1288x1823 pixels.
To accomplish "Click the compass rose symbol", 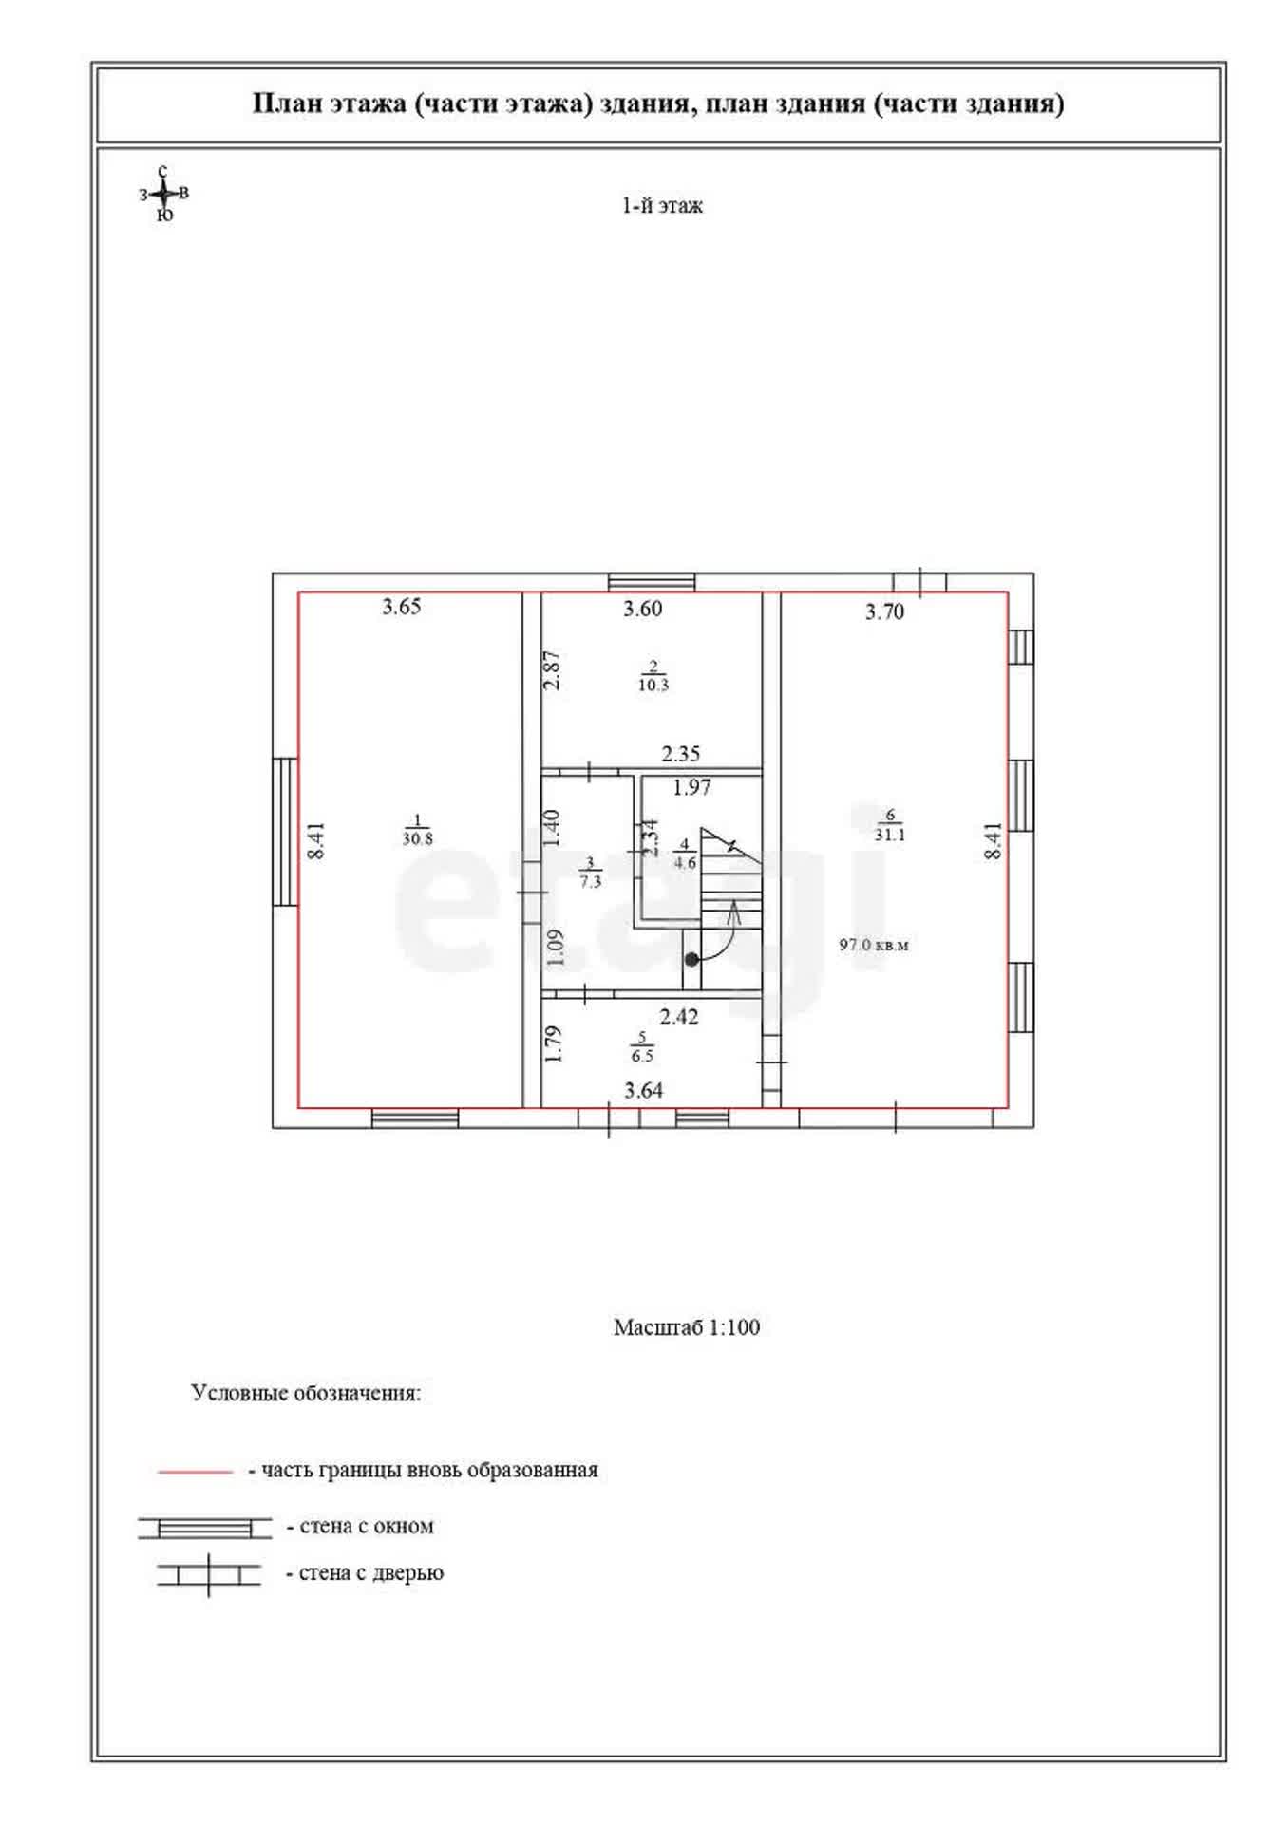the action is [x=164, y=194].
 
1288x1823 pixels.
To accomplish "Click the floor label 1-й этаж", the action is [x=662, y=206].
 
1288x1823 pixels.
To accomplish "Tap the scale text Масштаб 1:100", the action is [x=687, y=1327].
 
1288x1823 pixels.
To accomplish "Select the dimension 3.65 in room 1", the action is [x=402, y=607].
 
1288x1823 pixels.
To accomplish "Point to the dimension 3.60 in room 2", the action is [x=643, y=609].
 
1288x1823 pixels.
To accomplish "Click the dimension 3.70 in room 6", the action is [x=884, y=612].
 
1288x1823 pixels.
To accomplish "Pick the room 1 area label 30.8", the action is [x=417, y=839].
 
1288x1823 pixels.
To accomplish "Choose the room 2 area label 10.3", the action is [x=653, y=685].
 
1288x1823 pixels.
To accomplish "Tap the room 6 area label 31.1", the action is [x=890, y=836].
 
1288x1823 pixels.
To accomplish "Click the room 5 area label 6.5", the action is [x=642, y=1056].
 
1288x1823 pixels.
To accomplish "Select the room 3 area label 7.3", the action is [x=591, y=881].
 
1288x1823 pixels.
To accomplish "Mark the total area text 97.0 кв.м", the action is [x=874, y=945].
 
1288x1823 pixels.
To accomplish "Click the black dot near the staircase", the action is [x=692, y=960].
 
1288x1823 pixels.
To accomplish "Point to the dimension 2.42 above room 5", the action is [x=679, y=1017].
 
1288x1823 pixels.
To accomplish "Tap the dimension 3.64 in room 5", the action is [x=644, y=1091].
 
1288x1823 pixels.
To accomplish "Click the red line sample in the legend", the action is [x=195, y=1472].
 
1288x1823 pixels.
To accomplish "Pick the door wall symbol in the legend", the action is [x=209, y=1575].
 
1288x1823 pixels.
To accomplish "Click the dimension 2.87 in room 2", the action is [x=552, y=670].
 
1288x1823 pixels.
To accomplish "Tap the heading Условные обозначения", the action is [x=306, y=1394].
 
